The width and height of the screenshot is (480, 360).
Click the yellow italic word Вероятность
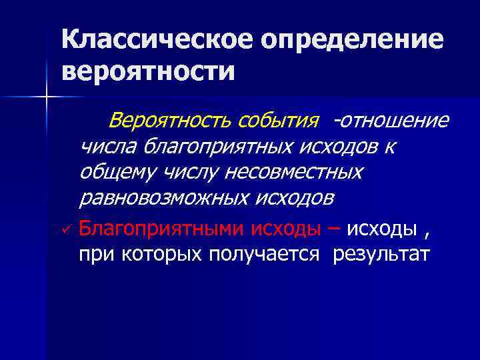(x=169, y=121)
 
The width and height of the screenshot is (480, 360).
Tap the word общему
(x=114, y=171)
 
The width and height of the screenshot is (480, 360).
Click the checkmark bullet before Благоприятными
(x=65, y=229)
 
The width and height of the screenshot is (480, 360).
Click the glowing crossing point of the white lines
(x=47, y=98)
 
